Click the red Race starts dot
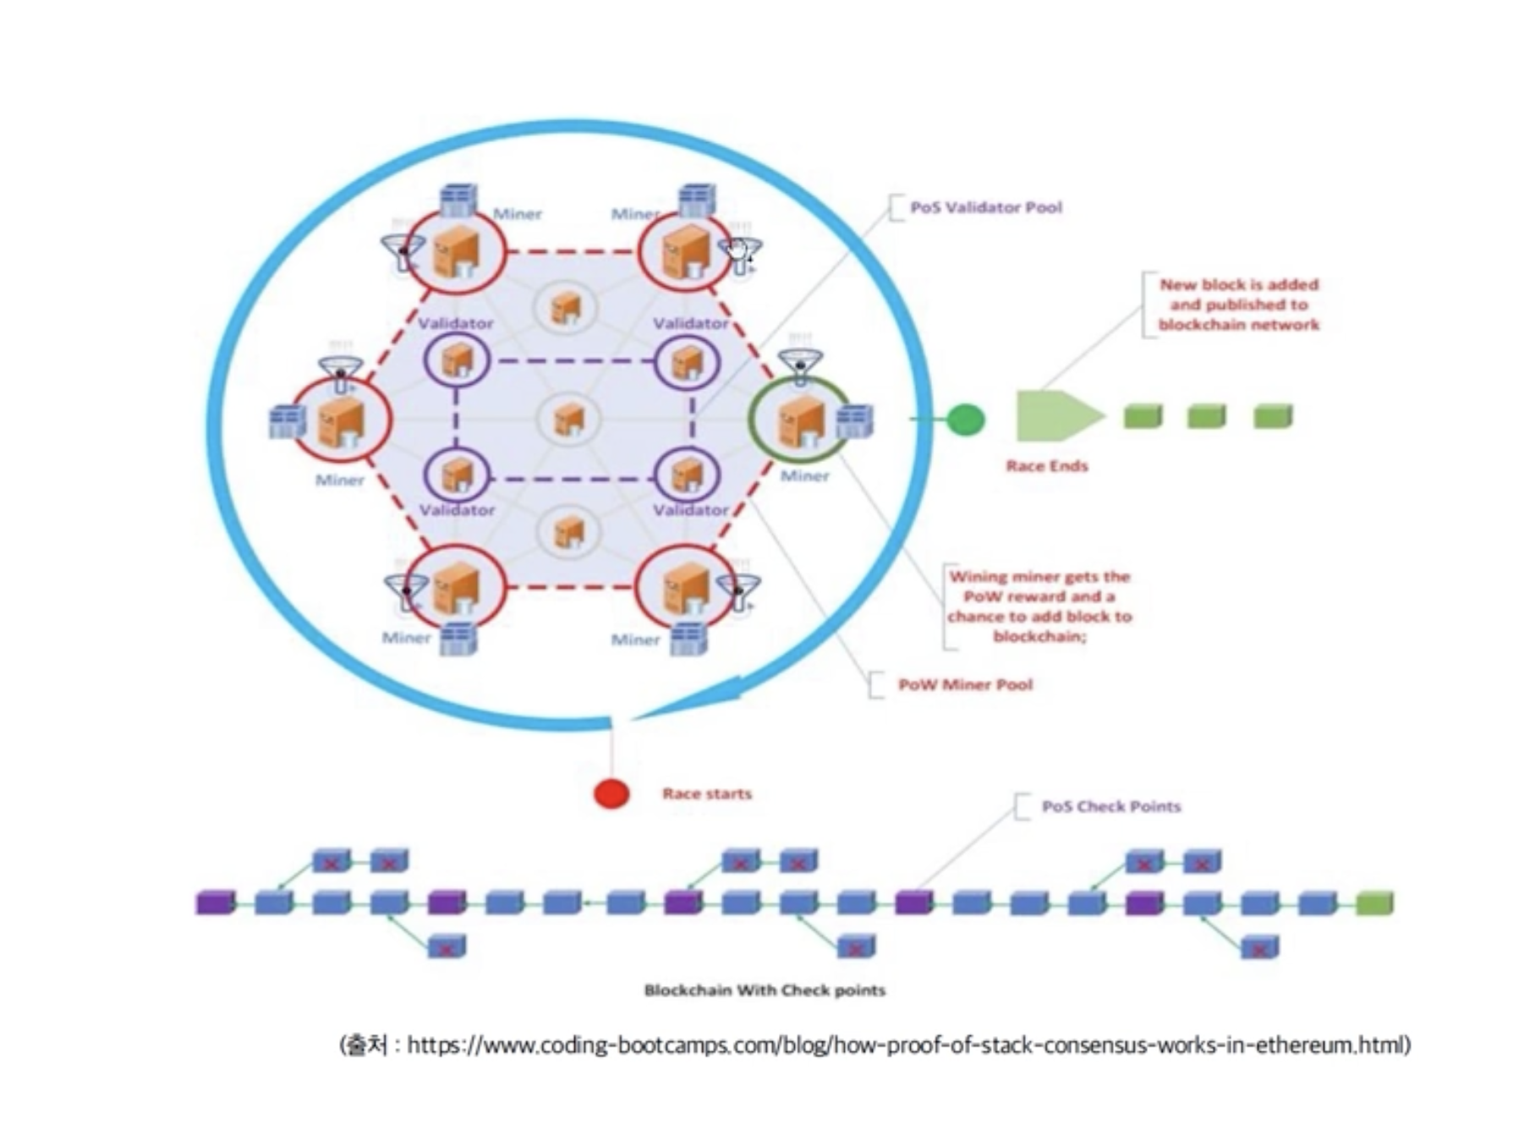click(x=611, y=793)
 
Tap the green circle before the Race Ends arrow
click(x=965, y=419)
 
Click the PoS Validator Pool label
click(x=986, y=207)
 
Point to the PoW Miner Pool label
click(x=965, y=684)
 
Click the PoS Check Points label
click(x=1111, y=806)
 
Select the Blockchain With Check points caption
click(x=765, y=990)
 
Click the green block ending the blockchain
click(x=1374, y=903)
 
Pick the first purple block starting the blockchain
click(x=216, y=903)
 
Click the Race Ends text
click(x=1047, y=466)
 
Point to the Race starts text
click(x=707, y=793)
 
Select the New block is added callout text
click(x=1239, y=305)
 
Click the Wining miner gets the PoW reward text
click(x=1039, y=606)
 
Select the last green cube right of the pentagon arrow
click(x=1273, y=416)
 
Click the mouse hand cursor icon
click(x=739, y=251)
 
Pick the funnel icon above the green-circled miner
click(x=800, y=365)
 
